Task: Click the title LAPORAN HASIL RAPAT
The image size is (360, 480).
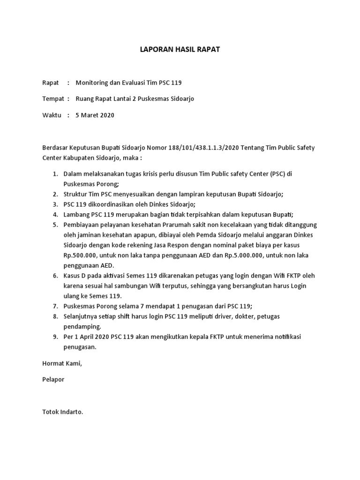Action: point(180,49)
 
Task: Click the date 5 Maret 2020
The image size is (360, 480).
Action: point(95,115)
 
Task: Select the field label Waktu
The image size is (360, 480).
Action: point(52,115)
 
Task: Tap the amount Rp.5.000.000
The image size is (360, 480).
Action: point(247,255)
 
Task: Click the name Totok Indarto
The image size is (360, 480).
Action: point(62,412)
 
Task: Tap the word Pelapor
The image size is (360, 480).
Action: point(53,380)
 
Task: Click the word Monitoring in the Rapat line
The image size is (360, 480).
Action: point(91,83)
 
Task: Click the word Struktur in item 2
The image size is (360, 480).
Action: point(76,194)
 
